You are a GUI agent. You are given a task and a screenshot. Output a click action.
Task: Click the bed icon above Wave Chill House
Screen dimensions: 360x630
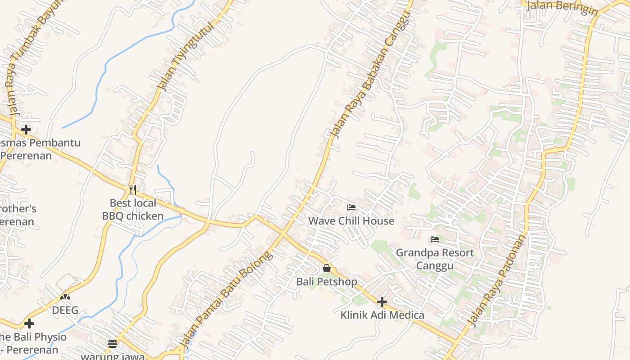tap(351, 207)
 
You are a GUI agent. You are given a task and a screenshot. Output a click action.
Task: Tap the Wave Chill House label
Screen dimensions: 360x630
tap(351, 221)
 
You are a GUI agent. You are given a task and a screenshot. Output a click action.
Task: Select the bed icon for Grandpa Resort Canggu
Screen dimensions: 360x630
tap(435, 239)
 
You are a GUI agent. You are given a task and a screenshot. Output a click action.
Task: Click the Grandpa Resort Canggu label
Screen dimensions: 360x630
tap(435, 259)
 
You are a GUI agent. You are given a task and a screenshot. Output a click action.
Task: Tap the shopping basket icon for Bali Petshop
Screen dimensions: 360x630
tap(327, 268)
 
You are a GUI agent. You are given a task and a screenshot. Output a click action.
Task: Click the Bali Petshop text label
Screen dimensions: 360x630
tap(327, 282)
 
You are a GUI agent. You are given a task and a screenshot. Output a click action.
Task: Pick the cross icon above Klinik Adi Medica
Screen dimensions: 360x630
tap(382, 301)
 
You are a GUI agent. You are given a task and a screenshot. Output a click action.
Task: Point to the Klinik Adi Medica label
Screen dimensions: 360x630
tap(382, 315)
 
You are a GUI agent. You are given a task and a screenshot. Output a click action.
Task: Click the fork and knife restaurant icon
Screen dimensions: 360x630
tap(132, 189)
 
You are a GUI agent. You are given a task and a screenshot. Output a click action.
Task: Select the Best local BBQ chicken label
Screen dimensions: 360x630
tap(133, 210)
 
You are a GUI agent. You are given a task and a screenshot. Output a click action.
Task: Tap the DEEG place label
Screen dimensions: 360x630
tap(65, 310)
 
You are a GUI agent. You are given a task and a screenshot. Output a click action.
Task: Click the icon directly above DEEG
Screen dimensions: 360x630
tap(65, 297)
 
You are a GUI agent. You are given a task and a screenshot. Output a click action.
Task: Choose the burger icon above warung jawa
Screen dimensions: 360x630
tap(112, 344)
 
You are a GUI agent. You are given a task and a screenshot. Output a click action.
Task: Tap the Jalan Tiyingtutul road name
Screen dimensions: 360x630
tap(185, 55)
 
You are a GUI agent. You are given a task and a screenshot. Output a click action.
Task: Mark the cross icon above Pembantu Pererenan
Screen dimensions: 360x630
tap(26, 130)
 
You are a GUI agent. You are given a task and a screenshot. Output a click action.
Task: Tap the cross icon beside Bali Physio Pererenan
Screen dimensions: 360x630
tap(29, 324)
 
